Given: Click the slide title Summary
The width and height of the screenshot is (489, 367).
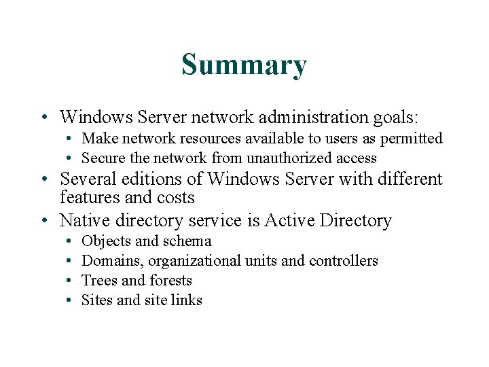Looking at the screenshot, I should tap(244, 65).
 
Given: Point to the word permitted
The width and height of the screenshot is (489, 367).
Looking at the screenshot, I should tap(411, 139).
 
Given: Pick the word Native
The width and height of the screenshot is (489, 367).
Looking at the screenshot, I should tap(83, 221).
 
